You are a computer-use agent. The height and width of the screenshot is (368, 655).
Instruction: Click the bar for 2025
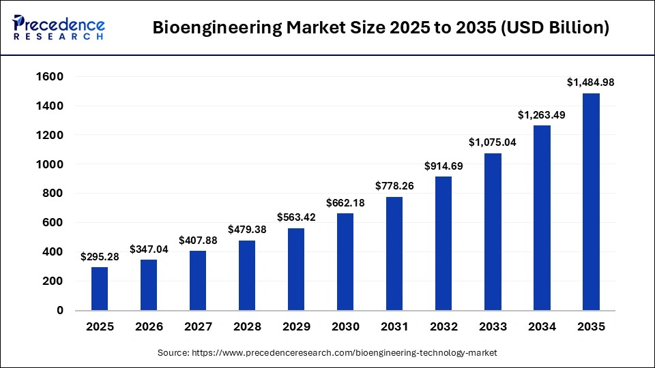point(100,288)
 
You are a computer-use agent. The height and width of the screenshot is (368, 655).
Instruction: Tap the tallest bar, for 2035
point(591,202)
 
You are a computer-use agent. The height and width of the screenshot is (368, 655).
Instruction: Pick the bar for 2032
point(443,243)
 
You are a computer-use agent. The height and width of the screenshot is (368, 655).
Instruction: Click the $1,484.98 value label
point(591,82)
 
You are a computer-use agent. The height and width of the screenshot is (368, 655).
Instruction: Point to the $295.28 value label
point(100,257)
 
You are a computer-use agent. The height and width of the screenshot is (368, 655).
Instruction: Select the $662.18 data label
point(345,202)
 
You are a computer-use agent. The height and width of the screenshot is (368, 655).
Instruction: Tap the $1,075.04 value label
point(493,142)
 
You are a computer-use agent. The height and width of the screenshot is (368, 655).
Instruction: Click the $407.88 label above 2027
point(198,240)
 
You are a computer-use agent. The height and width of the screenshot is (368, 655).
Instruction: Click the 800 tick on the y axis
point(54,194)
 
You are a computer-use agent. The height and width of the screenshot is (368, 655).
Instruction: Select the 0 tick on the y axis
point(60,310)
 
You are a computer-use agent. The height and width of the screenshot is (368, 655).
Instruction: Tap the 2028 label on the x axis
point(247,327)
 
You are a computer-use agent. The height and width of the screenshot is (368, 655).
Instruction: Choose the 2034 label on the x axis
point(542,327)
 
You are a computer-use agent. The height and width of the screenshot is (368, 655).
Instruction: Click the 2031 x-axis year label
point(394,327)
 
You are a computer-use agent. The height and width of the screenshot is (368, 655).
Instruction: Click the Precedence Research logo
point(59,27)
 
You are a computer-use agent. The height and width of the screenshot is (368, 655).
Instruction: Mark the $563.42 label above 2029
point(296,217)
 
